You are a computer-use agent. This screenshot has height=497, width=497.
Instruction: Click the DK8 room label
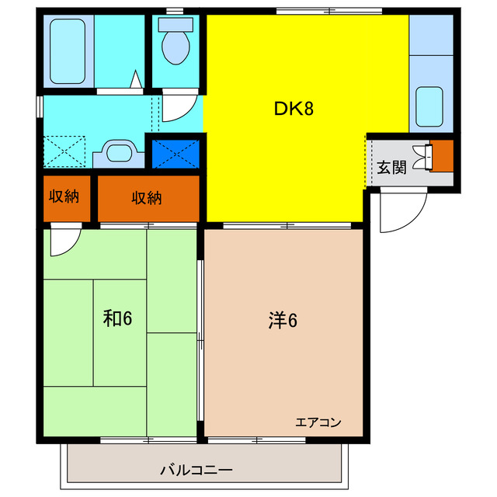[294, 109]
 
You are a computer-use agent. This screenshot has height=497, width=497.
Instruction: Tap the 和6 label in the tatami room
[119, 318]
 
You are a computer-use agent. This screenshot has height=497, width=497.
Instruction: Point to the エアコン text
[318, 422]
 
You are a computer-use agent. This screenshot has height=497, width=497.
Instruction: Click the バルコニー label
[196, 470]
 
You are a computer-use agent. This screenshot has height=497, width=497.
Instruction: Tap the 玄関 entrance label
[392, 166]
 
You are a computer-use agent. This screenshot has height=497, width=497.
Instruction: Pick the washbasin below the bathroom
[119, 151]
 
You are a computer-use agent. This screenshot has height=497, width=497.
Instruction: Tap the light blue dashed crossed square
[64, 151]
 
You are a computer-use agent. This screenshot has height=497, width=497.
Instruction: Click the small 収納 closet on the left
[66, 197]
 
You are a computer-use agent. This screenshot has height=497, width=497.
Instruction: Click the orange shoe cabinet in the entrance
[441, 155]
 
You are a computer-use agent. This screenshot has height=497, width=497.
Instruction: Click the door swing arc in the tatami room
[64, 242]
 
